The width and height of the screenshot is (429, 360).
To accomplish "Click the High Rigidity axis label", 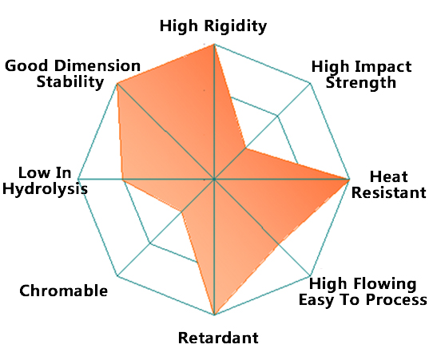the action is pyautogui.click(x=213, y=26).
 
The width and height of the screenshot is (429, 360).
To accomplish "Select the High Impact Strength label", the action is pyautogui.click(x=361, y=74).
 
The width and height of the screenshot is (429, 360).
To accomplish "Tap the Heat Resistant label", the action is pyautogui.click(x=389, y=184).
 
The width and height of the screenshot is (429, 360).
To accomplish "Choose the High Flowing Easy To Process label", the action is pyautogui.click(x=363, y=291).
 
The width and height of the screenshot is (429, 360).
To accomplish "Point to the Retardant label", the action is pyautogui.click(x=218, y=338).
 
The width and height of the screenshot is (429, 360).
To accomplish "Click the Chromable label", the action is pyautogui.click(x=63, y=291).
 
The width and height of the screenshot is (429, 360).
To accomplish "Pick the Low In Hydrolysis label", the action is pyautogui.click(x=45, y=181).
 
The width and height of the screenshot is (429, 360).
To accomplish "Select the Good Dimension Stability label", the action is pyautogui.click(x=73, y=73).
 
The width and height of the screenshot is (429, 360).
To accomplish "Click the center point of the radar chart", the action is pyautogui.click(x=214, y=180).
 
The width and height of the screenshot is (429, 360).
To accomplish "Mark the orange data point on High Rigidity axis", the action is pyautogui.click(x=214, y=44).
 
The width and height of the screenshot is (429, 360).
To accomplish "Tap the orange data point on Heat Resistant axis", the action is pyautogui.click(x=349, y=180).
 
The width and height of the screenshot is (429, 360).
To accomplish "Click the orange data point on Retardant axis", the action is pyautogui.click(x=214, y=315).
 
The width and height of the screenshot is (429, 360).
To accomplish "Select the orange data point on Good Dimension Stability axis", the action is pyautogui.click(x=117, y=83).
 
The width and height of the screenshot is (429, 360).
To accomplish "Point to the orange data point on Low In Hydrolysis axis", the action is pyautogui.click(x=122, y=180).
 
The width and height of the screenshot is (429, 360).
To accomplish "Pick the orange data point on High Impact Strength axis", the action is pyautogui.click(x=246, y=148).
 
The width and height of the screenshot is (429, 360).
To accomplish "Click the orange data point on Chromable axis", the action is pyautogui.click(x=181, y=212).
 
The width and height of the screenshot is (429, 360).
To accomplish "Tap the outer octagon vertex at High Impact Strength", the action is pyautogui.click(x=311, y=84).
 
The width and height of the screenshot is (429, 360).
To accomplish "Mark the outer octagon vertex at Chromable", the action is pyautogui.click(x=117, y=275).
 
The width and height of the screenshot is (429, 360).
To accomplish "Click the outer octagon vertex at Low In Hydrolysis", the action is pyautogui.click(x=78, y=180).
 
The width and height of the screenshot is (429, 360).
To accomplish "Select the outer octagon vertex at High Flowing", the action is pyautogui.click(x=311, y=275).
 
